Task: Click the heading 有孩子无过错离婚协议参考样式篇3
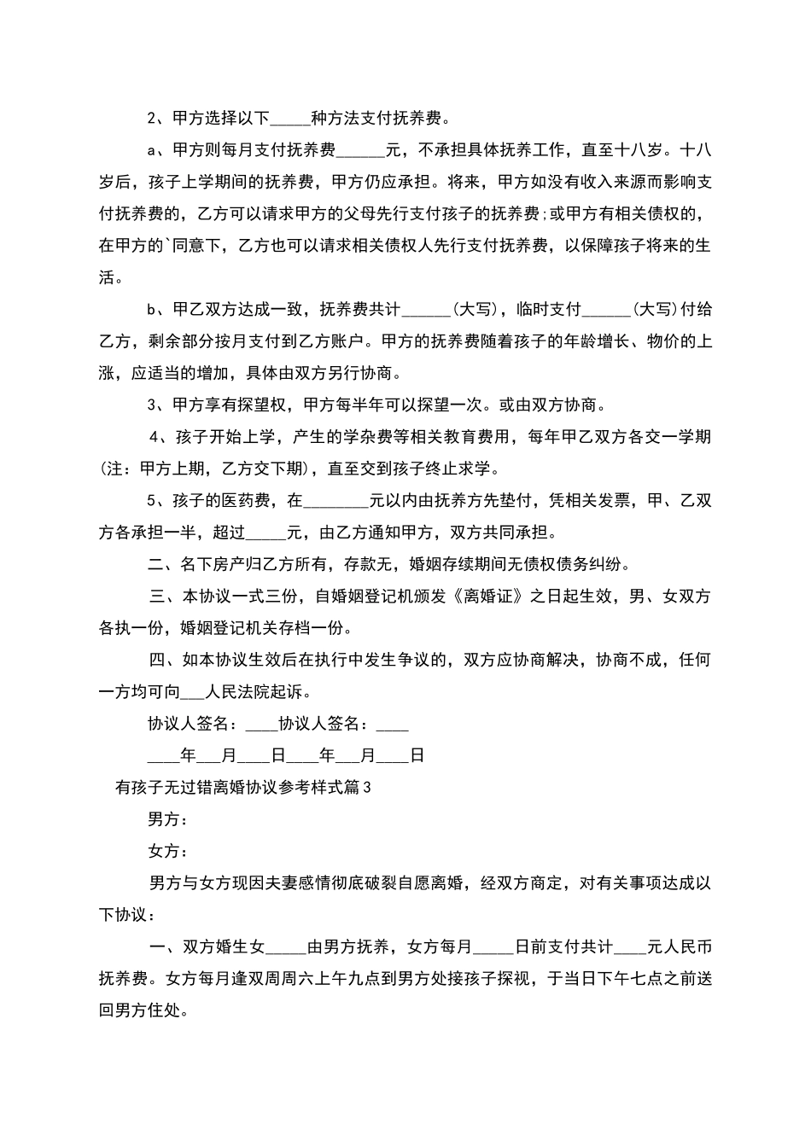[x=243, y=788]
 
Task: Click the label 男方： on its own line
[x=167, y=819]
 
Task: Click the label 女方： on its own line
[x=167, y=851]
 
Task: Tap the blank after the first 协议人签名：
[x=261, y=724]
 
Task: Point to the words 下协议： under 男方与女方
[x=127, y=914]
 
